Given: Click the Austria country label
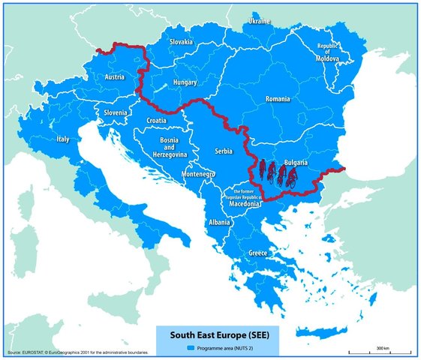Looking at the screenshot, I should pyautogui.click(x=115, y=77).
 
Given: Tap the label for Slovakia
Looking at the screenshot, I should pyautogui.click(x=182, y=42).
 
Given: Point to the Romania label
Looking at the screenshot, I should pyautogui.click(x=282, y=99).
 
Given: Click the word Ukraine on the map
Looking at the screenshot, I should pyautogui.click(x=259, y=22).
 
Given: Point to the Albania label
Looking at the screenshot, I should pyautogui.click(x=220, y=223).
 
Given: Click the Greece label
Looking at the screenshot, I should pyautogui.click(x=257, y=253).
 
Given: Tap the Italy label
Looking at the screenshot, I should pyautogui.click(x=63, y=139).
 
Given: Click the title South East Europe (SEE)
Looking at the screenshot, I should pyautogui.click(x=211, y=335).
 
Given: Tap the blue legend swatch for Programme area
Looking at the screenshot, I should pyautogui.click(x=191, y=349).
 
